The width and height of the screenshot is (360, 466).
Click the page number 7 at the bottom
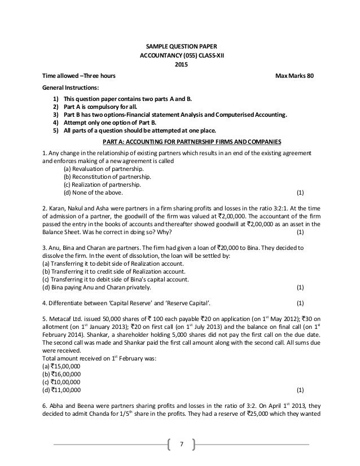[x=181, y=443]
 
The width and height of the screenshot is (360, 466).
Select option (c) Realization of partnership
[x=100, y=184]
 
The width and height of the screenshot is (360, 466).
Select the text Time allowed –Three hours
[x=77, y=75]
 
